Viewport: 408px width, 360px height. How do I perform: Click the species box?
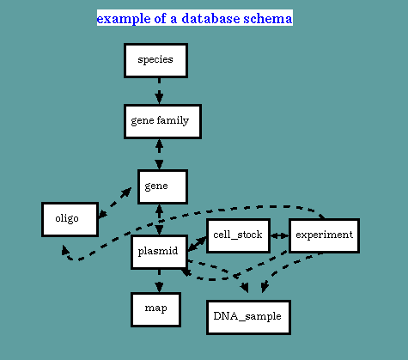coord(155,60)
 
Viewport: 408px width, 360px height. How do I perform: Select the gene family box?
coord(162,122)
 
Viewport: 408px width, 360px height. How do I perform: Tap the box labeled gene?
coord(162,186)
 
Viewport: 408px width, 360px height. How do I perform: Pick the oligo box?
coord(70,219)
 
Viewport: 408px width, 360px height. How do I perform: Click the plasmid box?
coord(160,252)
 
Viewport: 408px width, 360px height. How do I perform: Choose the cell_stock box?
coord(238,235)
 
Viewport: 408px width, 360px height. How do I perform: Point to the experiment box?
coord(324,235)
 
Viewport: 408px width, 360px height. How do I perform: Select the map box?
coord(155,309)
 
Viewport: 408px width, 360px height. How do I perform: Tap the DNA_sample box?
coord(248,317)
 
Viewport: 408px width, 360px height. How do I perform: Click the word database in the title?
coord(210,18)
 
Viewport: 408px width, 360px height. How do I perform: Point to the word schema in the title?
coord(268,18)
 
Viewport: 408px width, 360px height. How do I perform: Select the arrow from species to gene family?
coord(159,91)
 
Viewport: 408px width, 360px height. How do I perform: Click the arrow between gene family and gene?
coord(159,155)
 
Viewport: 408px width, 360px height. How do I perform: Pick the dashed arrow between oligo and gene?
coord(115,203)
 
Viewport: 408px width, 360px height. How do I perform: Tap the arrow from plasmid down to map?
coord(159,281)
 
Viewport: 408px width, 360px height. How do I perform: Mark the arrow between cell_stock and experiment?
coord(279,235)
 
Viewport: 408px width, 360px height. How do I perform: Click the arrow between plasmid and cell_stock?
coord(197,244)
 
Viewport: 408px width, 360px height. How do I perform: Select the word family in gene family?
coord(173,120)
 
